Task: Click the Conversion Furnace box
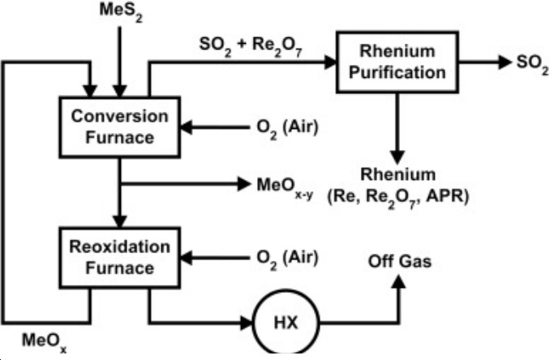(x=120, y=126)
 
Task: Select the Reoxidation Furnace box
(x=120, y=256)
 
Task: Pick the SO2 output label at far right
(x=519, y=62)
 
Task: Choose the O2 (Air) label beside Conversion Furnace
(x=284, y=127)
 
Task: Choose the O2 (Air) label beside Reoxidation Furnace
(x=284, y=257)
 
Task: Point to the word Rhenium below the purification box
(x=398, y=175)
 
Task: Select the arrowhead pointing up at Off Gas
(x=398, y=281)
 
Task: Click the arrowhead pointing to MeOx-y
(x=247, y=186)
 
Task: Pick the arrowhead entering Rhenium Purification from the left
(x=333, y=62)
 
